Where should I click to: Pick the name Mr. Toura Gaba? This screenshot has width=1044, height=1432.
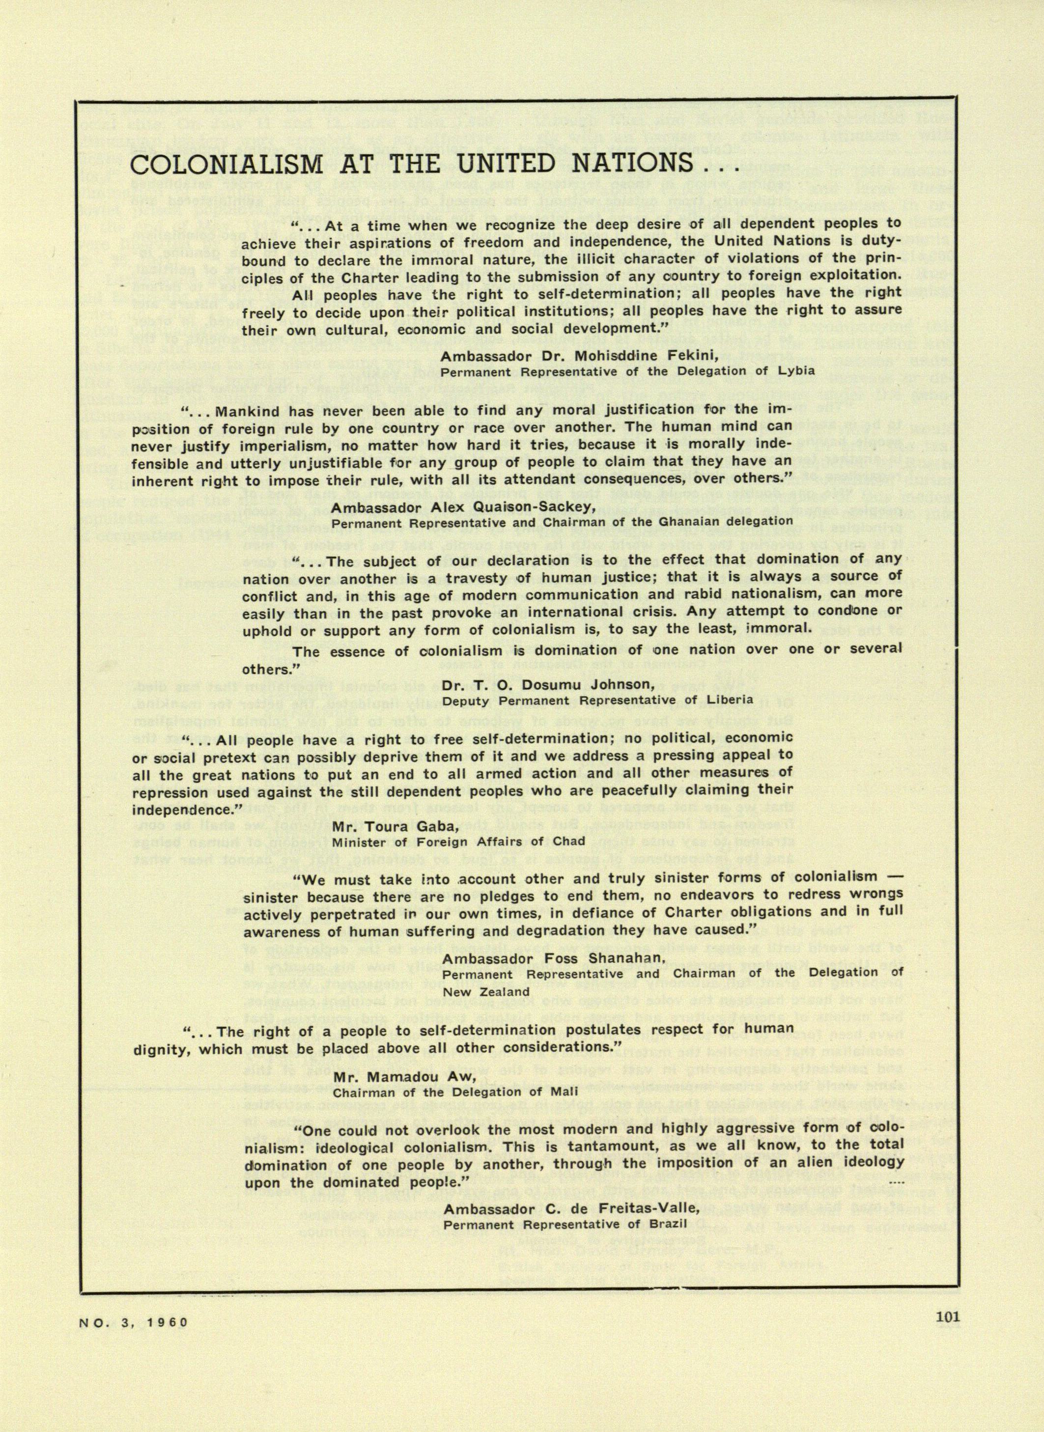click(x=394, y=826)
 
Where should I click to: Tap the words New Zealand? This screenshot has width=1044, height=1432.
click(x=486, y=991)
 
